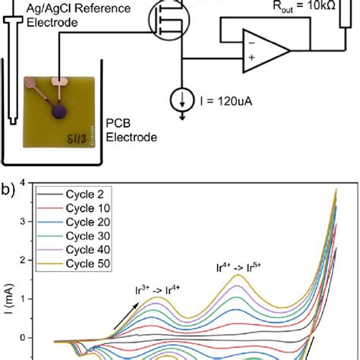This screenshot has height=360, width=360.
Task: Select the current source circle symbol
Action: pyautogui.click(x=182, y=99)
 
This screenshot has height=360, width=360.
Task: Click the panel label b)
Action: pyautogui.click(x=9, y=185)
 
